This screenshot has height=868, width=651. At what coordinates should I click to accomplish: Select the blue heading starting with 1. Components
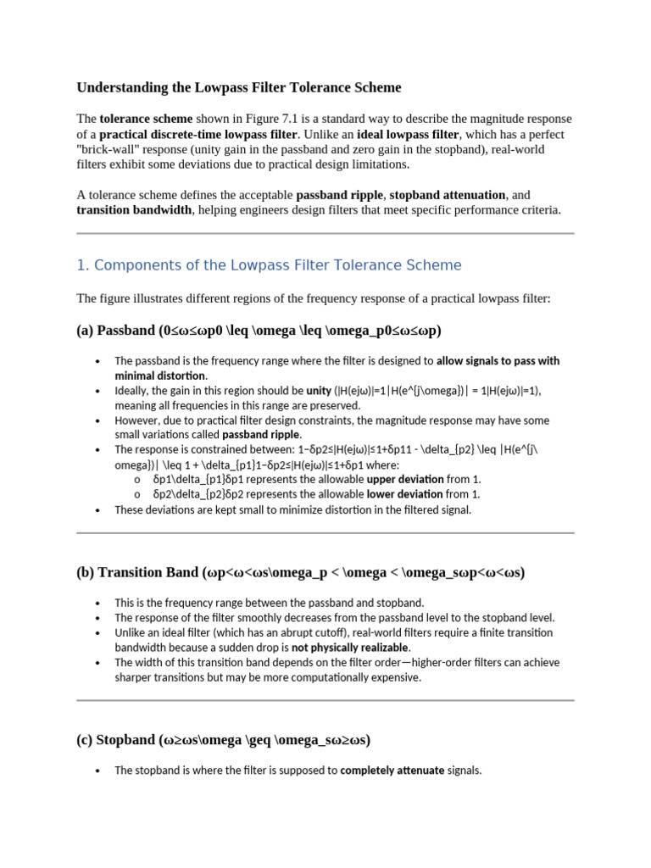269,265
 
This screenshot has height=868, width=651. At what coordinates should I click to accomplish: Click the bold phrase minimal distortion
160,376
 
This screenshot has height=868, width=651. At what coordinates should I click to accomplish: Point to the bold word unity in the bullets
319,391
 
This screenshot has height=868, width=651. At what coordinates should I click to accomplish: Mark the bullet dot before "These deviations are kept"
99,510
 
